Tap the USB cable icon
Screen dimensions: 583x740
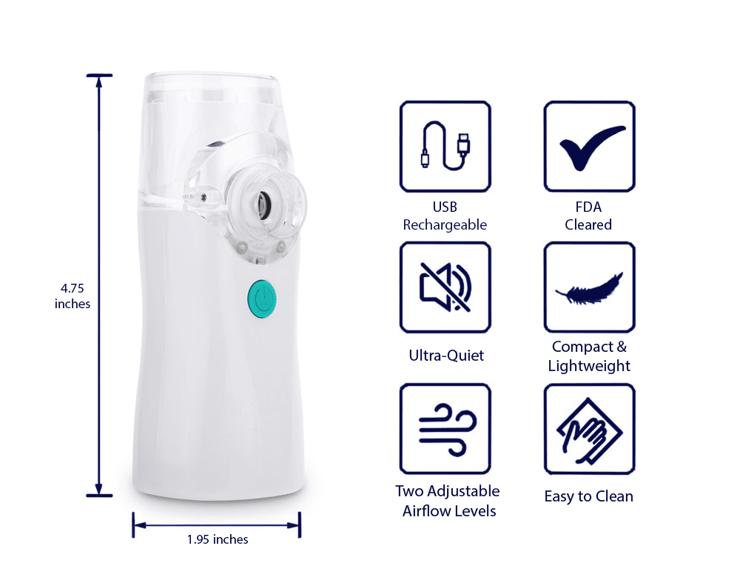point(445,147)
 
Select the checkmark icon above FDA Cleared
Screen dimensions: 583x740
point(590,146)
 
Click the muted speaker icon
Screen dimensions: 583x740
point(445,287)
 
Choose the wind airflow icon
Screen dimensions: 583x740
point(445,428)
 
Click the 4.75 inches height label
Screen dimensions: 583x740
point(73,295)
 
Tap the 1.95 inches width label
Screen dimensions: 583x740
point(218,539)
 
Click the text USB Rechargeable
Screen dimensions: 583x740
point(445,216)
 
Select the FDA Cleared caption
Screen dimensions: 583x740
point(588,216)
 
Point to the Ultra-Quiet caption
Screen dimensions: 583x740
point(446,356)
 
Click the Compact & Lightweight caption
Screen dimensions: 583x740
point(589,356)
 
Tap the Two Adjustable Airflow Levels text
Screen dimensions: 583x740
point(447,501)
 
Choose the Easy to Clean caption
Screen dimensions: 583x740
point(588,496)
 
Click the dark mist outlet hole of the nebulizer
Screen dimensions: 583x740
point(263,201)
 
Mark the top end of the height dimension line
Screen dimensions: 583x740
point(99,76)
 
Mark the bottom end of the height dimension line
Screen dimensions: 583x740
point(99,494)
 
